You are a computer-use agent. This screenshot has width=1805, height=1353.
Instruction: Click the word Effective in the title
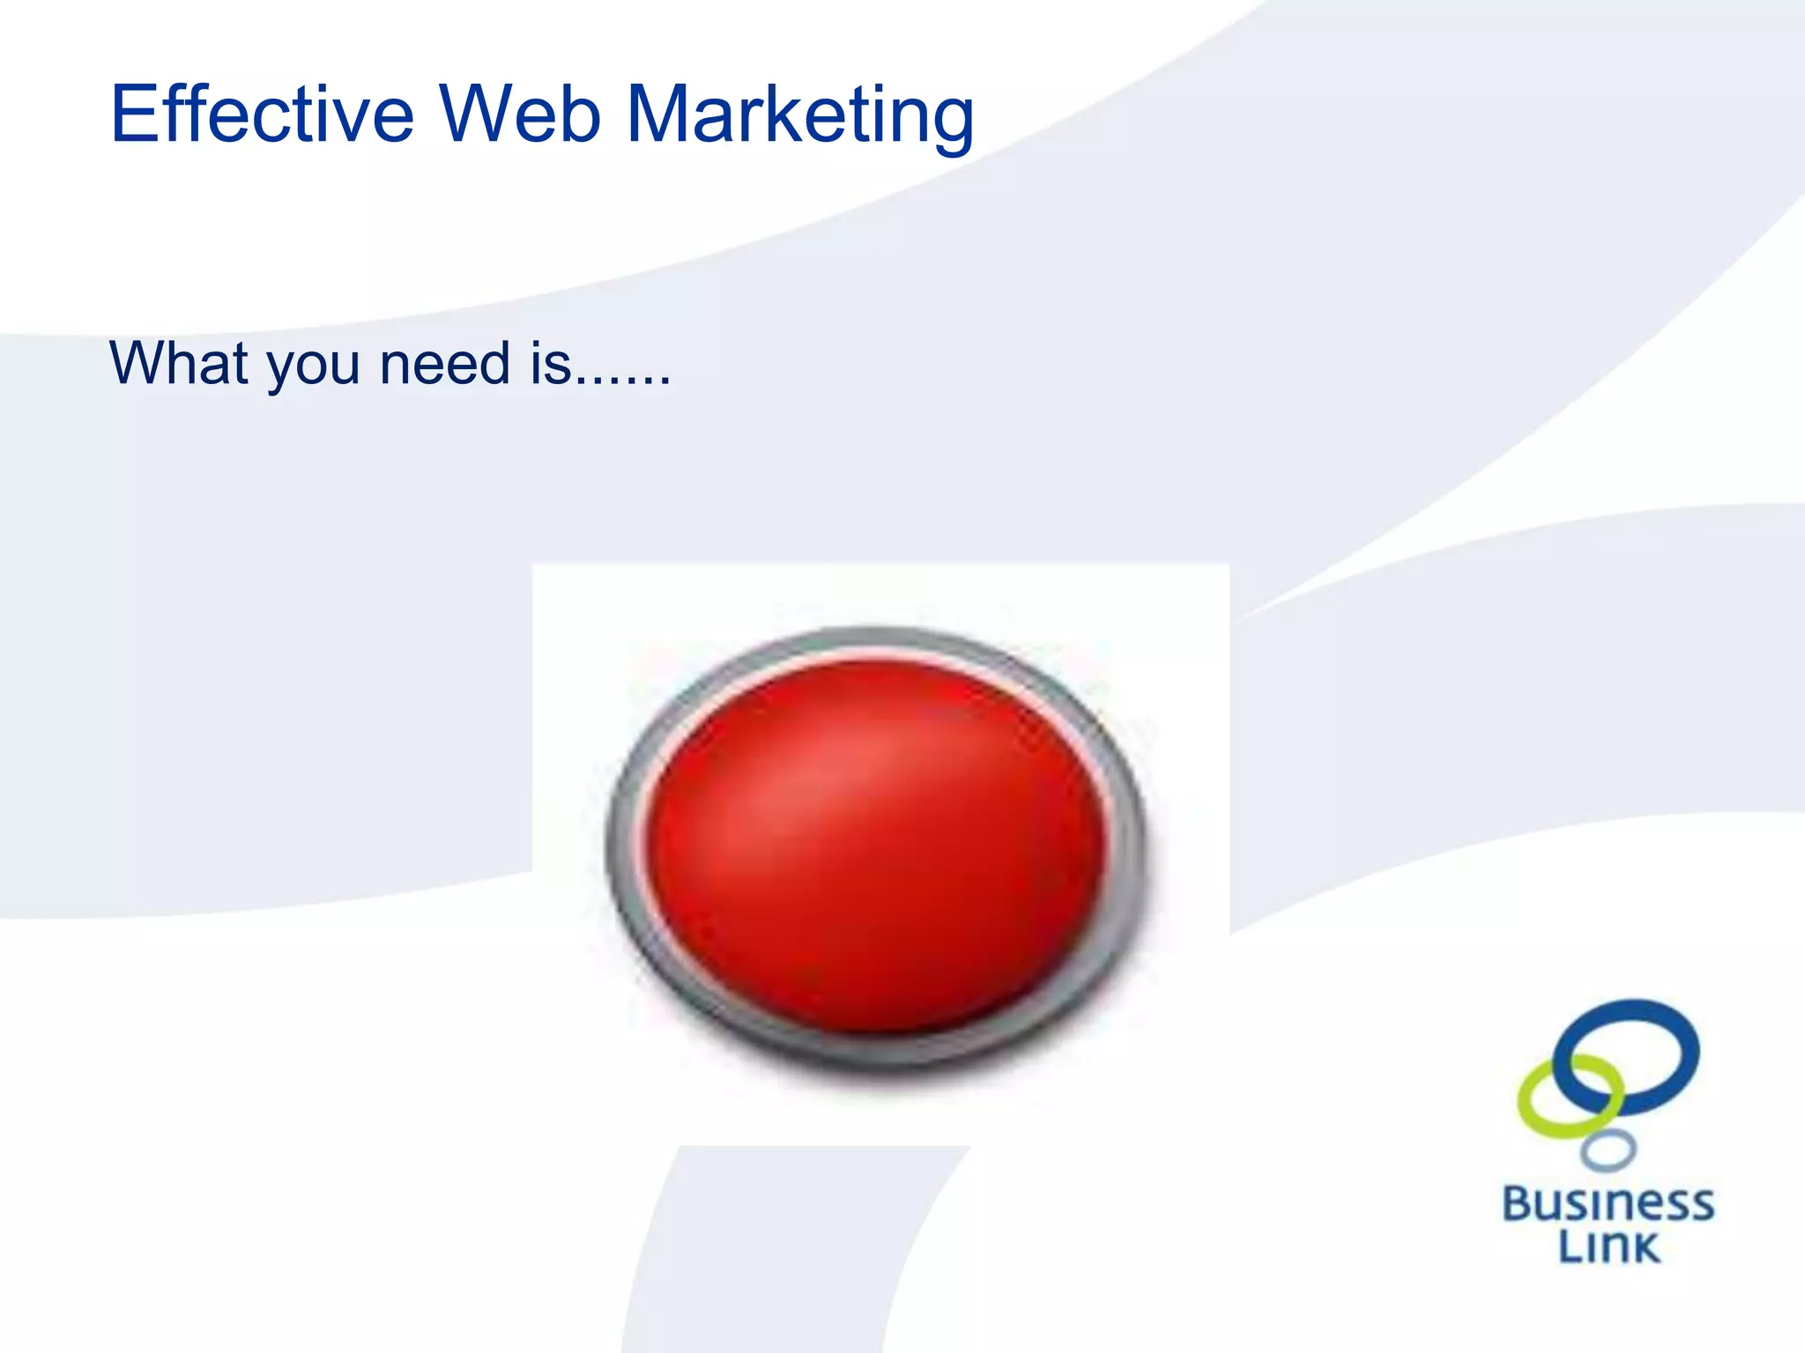coord(262,114)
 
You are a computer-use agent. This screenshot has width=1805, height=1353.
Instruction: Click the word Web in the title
coord(520,114)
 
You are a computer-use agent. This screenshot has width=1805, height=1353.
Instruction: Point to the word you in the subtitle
coord(314,368)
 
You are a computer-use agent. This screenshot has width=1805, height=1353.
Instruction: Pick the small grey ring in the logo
coord(1608,1150)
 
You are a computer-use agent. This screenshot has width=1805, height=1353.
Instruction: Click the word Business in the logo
coord(1608,1204)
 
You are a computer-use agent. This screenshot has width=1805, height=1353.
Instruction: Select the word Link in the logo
coord(1608,1247)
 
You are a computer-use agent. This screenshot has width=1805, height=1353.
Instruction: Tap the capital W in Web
coord(480,114)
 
